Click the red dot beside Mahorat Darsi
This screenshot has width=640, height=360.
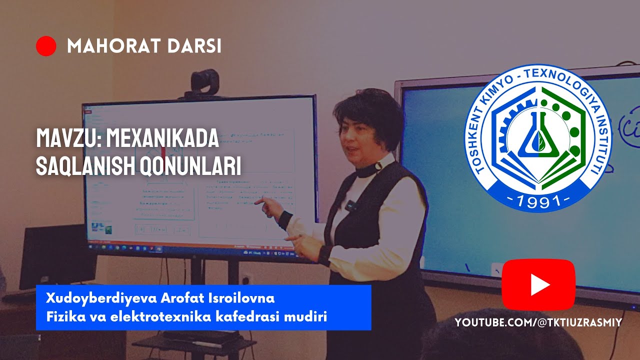coord(46,46)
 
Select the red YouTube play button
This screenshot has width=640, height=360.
coord(538,284)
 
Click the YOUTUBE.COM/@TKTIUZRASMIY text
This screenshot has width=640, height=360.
coord(538,323)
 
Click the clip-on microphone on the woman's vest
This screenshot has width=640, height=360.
coord(351,204)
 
